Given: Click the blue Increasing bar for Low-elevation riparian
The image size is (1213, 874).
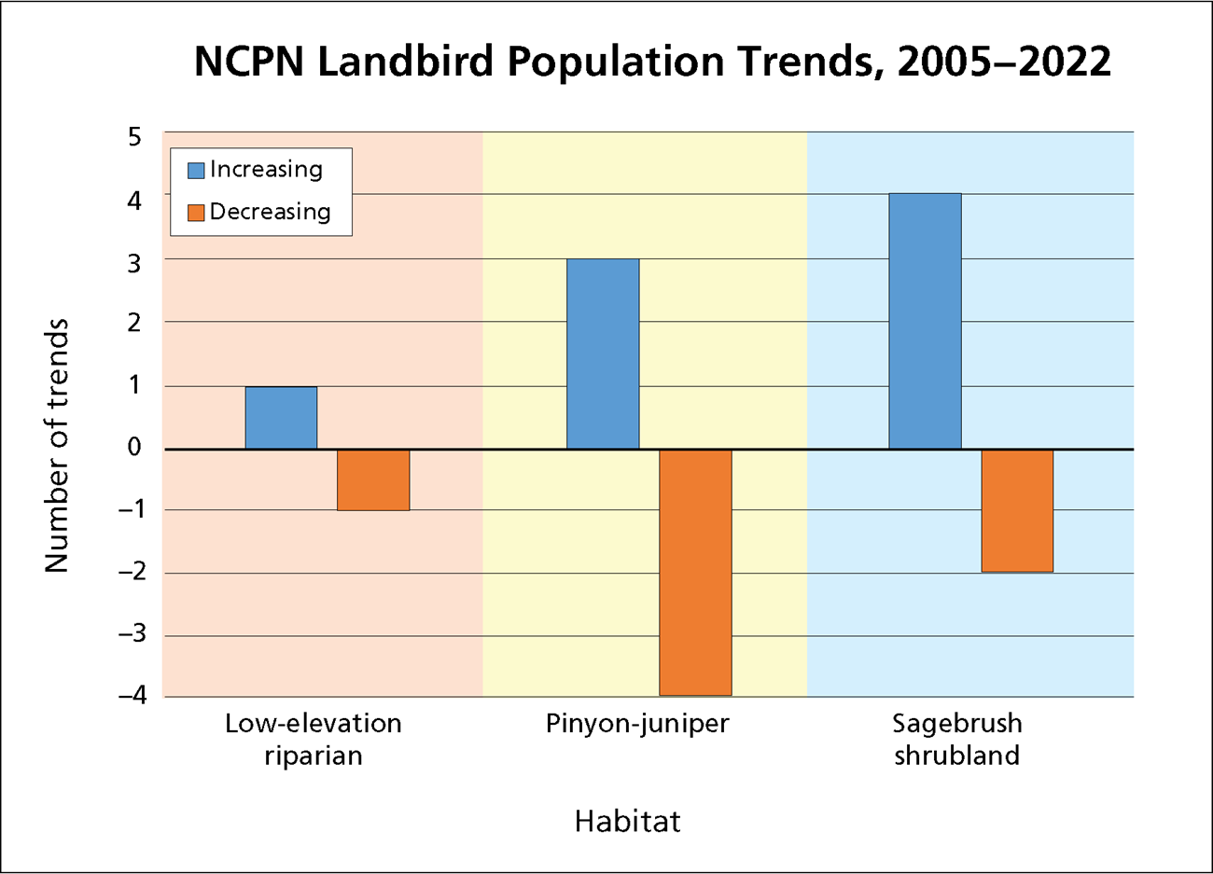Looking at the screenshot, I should click(x=281, y=418).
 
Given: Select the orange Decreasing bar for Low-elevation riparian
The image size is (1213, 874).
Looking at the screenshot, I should click(x=373, y=480).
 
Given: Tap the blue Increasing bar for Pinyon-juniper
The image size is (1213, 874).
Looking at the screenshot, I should click(x=603, y=354).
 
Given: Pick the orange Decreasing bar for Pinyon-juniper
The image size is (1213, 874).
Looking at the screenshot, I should click(x=695, y=572).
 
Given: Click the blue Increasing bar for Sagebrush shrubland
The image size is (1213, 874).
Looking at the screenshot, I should click(x=925, y=322).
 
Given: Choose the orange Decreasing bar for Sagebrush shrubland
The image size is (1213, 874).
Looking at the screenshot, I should click(x=1017, y=511).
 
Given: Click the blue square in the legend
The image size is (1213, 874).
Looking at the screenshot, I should click(x=196, y=171).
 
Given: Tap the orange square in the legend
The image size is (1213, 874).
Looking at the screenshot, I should click(x=196, y=213).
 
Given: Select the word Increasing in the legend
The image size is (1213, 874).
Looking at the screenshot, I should click(x=266, y=170).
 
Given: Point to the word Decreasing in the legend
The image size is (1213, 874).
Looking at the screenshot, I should click(x=270, y=212).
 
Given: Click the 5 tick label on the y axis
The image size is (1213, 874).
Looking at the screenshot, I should click(x=134, y=137).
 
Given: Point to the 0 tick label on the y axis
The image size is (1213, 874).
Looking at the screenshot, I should click(x=134, y=447).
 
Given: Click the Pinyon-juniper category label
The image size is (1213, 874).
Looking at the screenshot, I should click(x=637, y=724).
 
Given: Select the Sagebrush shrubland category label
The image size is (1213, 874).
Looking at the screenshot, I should click(x=957, y=739).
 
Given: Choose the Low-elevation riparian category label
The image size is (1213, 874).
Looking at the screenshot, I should click(x=314, y=739).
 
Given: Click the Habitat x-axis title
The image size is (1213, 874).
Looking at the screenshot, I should click(x=627, y=821).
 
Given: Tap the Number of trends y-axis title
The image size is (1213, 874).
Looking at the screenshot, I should click(x=57, y=445).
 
